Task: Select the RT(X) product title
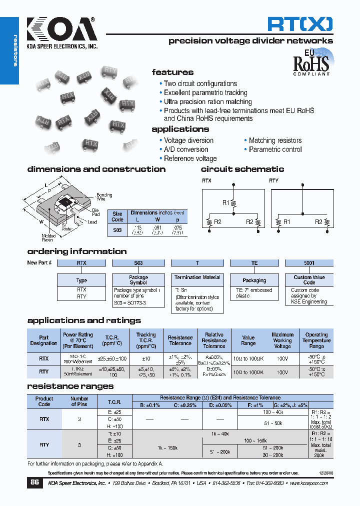coord(299,24)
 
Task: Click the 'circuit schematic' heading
coord(242,169)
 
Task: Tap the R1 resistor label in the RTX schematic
coord(226,202)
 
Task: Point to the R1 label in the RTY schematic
coord(286,221)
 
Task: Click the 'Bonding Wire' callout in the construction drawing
coord(104,197)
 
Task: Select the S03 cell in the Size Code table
coord(117,230)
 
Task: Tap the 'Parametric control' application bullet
coord(275,149)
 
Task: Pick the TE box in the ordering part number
coord(254,262)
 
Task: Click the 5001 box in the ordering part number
coord(309,262)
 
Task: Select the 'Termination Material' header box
coord(197,277)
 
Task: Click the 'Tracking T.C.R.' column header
coord(146,340)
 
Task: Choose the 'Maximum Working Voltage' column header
coord(282,340)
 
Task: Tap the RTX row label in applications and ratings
coord(43,358)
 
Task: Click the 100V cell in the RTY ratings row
coord(282,372)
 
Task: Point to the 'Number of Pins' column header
coord(79,401)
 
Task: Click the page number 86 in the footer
coord(34,483)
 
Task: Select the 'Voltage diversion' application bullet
coord(188,140)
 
